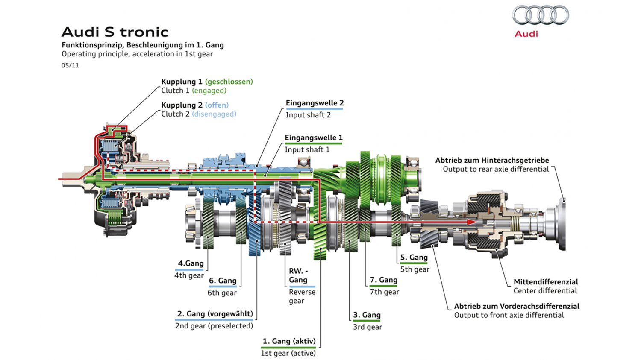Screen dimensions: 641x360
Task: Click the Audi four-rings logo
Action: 541,15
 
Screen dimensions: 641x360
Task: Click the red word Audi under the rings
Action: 526,34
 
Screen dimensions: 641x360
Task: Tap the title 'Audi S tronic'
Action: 115,32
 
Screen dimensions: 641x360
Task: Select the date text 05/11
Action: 70,65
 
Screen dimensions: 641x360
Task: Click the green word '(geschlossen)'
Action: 229,82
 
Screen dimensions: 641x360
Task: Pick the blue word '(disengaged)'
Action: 214,114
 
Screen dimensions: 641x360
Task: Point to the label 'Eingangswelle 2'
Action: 315,103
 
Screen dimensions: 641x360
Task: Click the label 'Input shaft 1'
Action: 307,149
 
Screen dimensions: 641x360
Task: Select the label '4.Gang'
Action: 191,263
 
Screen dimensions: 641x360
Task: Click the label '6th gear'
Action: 222,293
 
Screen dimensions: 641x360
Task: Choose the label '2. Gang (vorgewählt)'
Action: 215,314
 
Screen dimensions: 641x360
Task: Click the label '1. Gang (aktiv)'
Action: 289,341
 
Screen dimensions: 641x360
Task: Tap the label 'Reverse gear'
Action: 302,296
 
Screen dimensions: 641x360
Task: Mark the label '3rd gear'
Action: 368,327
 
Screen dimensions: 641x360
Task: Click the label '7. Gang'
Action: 383,280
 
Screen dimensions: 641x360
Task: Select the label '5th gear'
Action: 415,269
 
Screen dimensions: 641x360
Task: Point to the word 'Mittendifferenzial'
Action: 546,282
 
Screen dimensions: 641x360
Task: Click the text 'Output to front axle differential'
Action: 509,315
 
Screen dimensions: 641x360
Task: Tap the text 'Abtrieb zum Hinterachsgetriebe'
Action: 492,161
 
